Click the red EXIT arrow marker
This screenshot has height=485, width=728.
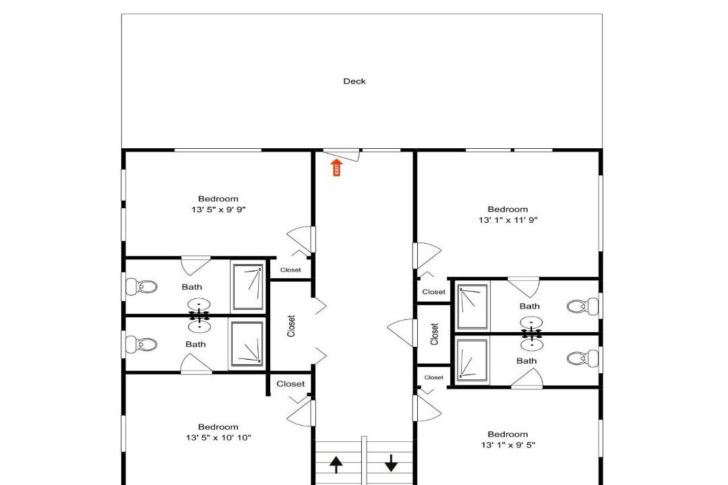pos(336,168)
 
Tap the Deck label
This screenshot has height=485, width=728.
pos(355,82)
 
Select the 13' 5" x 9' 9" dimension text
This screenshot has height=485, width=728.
pos(218,209)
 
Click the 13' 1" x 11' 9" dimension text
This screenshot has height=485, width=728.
pos(508,220)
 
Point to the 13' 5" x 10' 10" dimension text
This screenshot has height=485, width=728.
pos(218,437)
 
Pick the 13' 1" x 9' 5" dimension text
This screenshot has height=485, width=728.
pos(508,445)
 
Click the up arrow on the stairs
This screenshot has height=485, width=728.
pos(336,464)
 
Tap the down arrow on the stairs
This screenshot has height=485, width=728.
pos(392,463)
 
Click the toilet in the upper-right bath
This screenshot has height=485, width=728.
pos(582,306)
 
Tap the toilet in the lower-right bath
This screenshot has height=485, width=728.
pos(582,359)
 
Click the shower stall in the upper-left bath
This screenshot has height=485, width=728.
pos(248,287)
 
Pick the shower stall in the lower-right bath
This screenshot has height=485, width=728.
pos(472,360)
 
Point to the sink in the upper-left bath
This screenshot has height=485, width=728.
pos(199,305)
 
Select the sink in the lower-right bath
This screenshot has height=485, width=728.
pos(532,344)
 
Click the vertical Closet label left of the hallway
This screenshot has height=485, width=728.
pos(291,326)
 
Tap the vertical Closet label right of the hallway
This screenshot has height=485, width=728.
pos(435,334)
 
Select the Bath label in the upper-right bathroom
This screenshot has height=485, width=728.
pos(530,306)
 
